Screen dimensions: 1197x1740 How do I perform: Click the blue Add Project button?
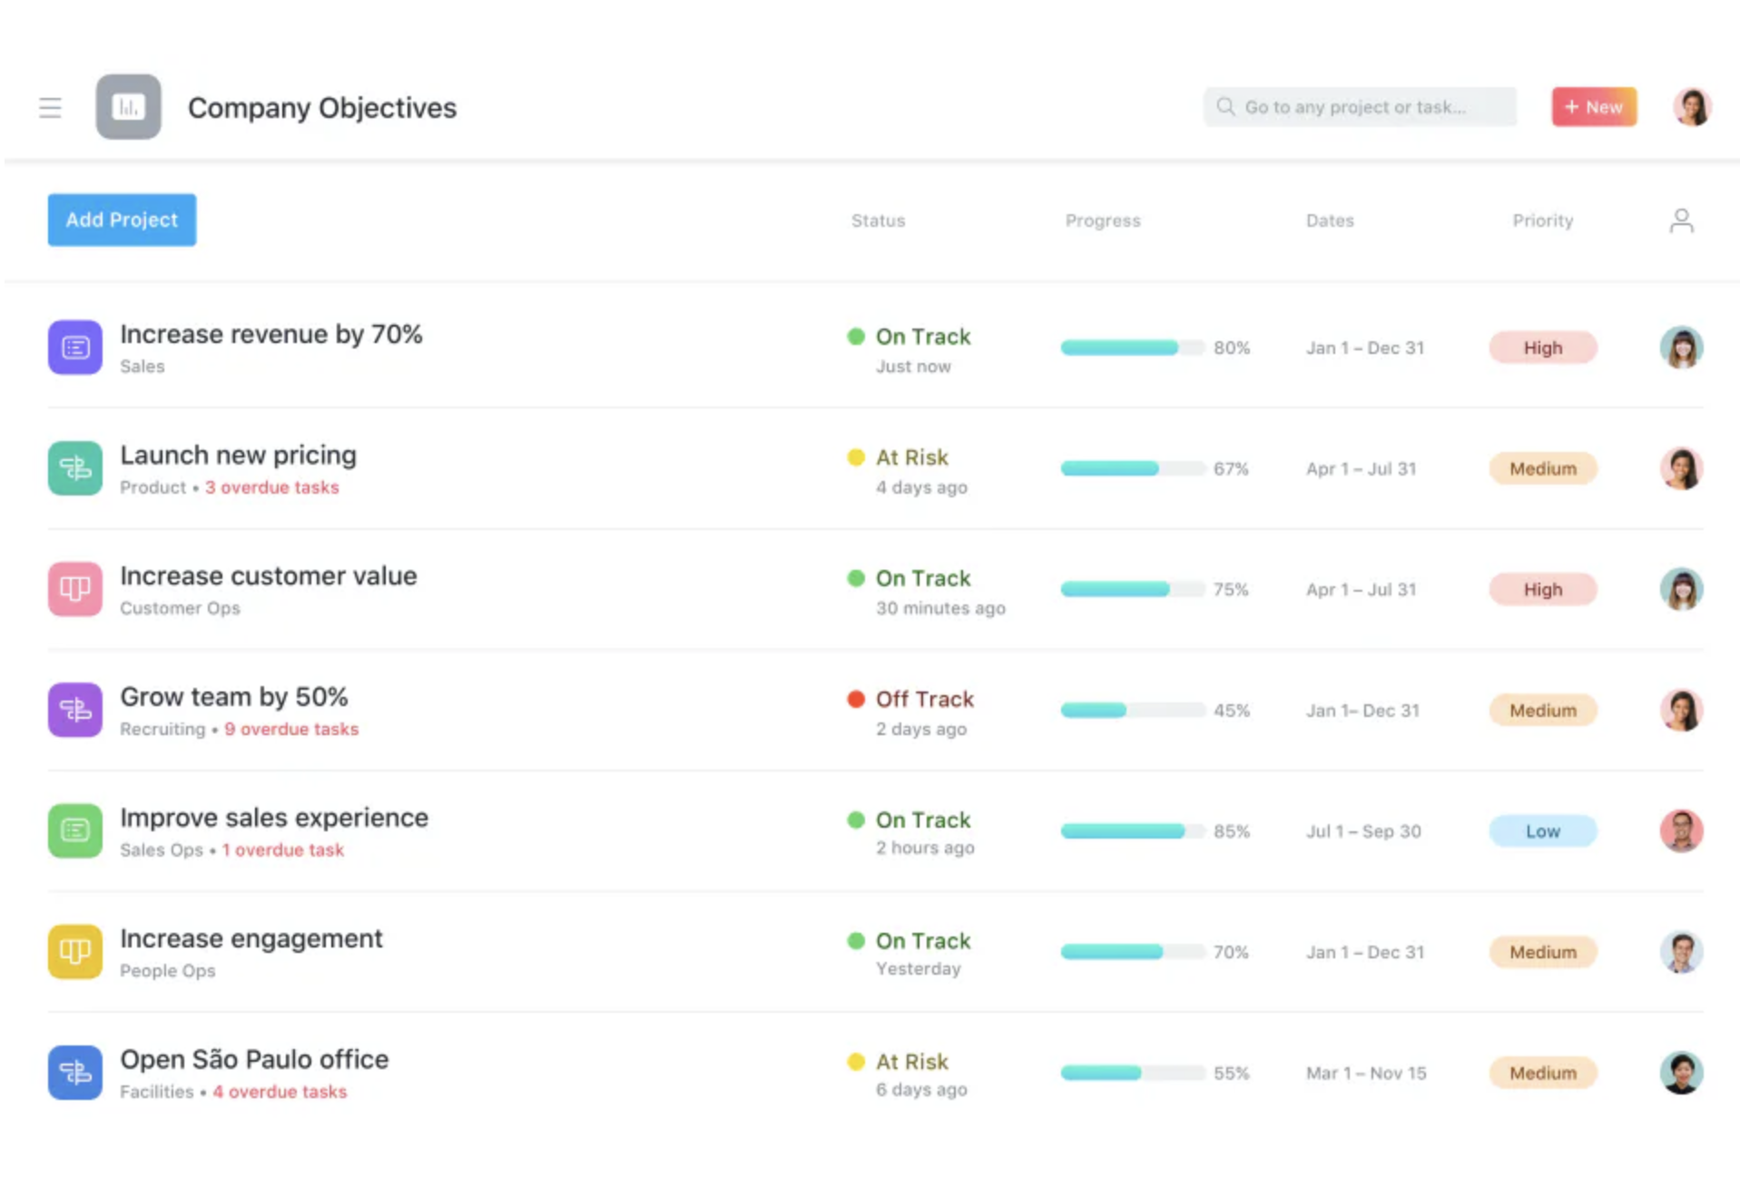click(x=122, y=220)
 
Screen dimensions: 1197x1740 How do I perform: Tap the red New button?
click(x=1593, y=107)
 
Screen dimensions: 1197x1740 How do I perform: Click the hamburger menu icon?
click(x=50, y=108)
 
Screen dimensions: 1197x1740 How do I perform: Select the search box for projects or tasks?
click(x=1359, y=107)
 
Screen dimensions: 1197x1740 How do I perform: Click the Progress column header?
click(x=1102, y=221)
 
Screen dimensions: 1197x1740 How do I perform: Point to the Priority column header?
click(x=1542, y=221)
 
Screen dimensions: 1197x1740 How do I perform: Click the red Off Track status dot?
click(x=855, y=699)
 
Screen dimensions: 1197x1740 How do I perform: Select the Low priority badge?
click(x=1542, y=831)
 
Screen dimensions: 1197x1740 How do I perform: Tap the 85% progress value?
click(x=1231, y=831)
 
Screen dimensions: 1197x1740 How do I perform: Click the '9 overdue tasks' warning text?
click(x=291, y=730)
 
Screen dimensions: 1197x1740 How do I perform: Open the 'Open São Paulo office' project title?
click(x=254, y=1059)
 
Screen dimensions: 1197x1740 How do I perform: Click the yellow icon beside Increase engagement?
click(x=75, y=952)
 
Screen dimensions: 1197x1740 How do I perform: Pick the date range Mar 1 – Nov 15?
click(x=1365, y=1074)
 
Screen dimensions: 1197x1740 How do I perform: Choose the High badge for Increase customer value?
click(x=1542, y=590)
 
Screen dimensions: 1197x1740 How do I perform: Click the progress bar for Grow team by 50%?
click(x=1132, y=711)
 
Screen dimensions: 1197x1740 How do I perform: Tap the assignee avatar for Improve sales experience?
click(x=1681, y=831)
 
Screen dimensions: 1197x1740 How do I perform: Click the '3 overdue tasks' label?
click(x=271, y=488)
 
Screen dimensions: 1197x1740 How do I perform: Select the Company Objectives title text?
click(x=322, y=108)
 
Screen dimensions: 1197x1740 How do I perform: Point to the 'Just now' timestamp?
click(x=913, y=367)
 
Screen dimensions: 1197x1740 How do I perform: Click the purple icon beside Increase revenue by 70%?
click(x=75, y=348)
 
